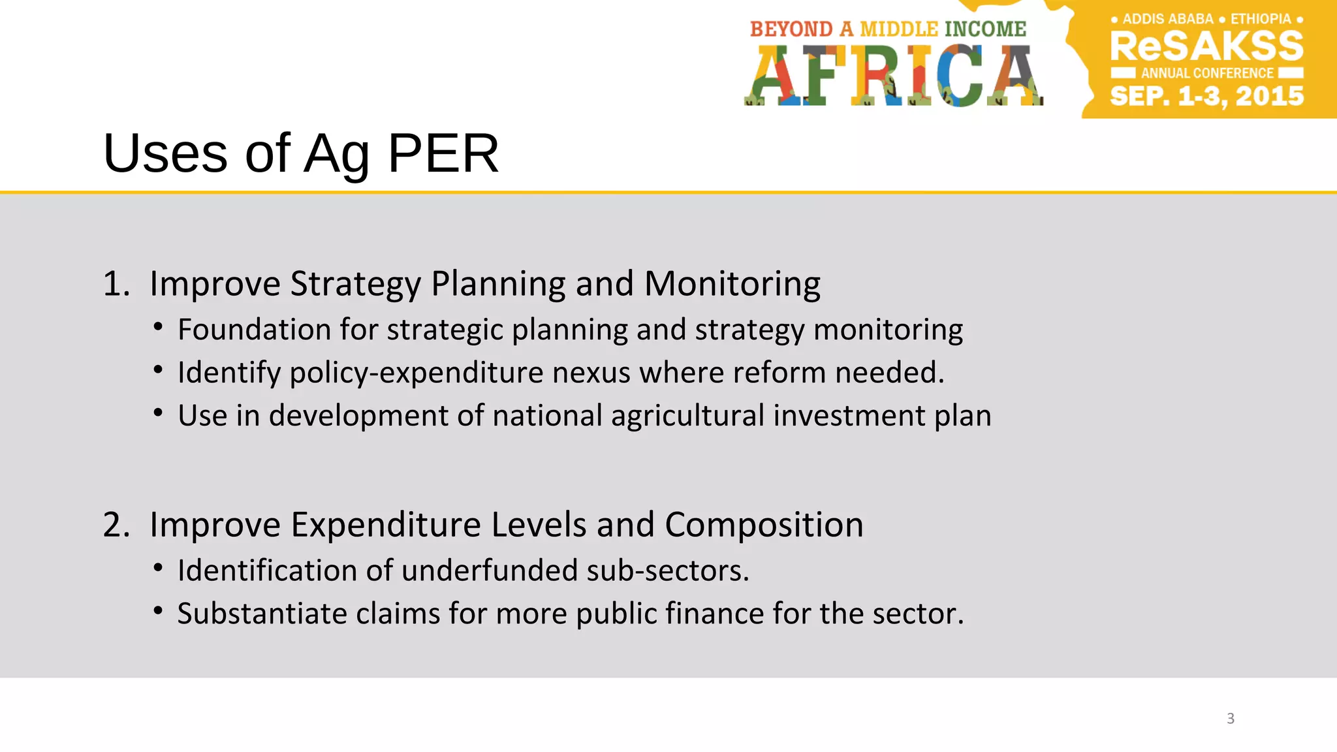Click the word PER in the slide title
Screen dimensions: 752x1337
coord(443,153)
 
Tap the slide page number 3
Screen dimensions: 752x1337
coord(1231,719)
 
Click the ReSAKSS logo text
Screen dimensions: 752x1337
coord(1206,46)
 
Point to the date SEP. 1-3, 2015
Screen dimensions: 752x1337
coord(1206,97)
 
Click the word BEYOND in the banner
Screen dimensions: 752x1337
coord(791,29)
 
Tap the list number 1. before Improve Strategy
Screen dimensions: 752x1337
coord(116,284)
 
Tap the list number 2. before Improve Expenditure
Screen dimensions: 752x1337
coord(116,525)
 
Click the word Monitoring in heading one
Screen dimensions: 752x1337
coord(732,284)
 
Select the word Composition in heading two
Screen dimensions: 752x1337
coord(764,525)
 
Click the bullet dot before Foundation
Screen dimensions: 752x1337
coord(158,326)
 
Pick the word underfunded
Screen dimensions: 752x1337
coord(490,571)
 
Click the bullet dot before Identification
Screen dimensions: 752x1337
coord(158,568)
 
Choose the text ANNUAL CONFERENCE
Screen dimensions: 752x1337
coord(1207,73)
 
